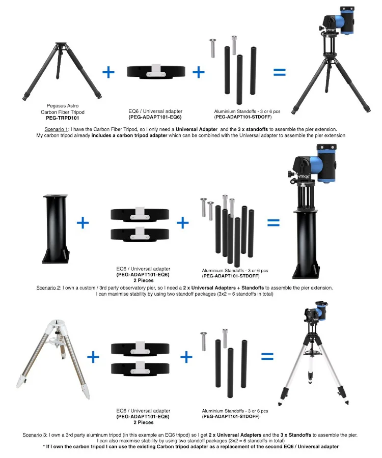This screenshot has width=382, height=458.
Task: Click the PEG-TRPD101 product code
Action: point(62,118)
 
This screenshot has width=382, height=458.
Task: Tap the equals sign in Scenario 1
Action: point(280,72)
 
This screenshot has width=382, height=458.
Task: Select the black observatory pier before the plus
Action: point(56,228)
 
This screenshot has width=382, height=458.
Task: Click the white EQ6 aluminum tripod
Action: point(53,359)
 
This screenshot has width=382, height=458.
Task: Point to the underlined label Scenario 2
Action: point(48,288)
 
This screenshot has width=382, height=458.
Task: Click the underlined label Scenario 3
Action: point(34,435)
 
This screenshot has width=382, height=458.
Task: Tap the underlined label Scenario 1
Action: point(56,129)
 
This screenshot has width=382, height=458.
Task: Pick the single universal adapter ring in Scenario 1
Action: point(156,72)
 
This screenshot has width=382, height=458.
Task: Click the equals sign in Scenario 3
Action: point(267,357)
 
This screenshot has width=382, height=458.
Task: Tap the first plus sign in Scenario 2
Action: point(83,223)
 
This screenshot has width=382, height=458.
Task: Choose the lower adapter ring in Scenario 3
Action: point(140,368)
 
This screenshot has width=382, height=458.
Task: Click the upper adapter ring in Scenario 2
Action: point(140,214)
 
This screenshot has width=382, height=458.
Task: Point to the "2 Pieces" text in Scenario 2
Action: point(143,280)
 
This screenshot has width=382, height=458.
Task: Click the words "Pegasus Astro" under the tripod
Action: point(63,106)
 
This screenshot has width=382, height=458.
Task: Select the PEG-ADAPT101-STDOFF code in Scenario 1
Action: point(243,117)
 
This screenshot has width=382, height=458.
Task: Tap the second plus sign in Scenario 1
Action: point(199,72)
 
